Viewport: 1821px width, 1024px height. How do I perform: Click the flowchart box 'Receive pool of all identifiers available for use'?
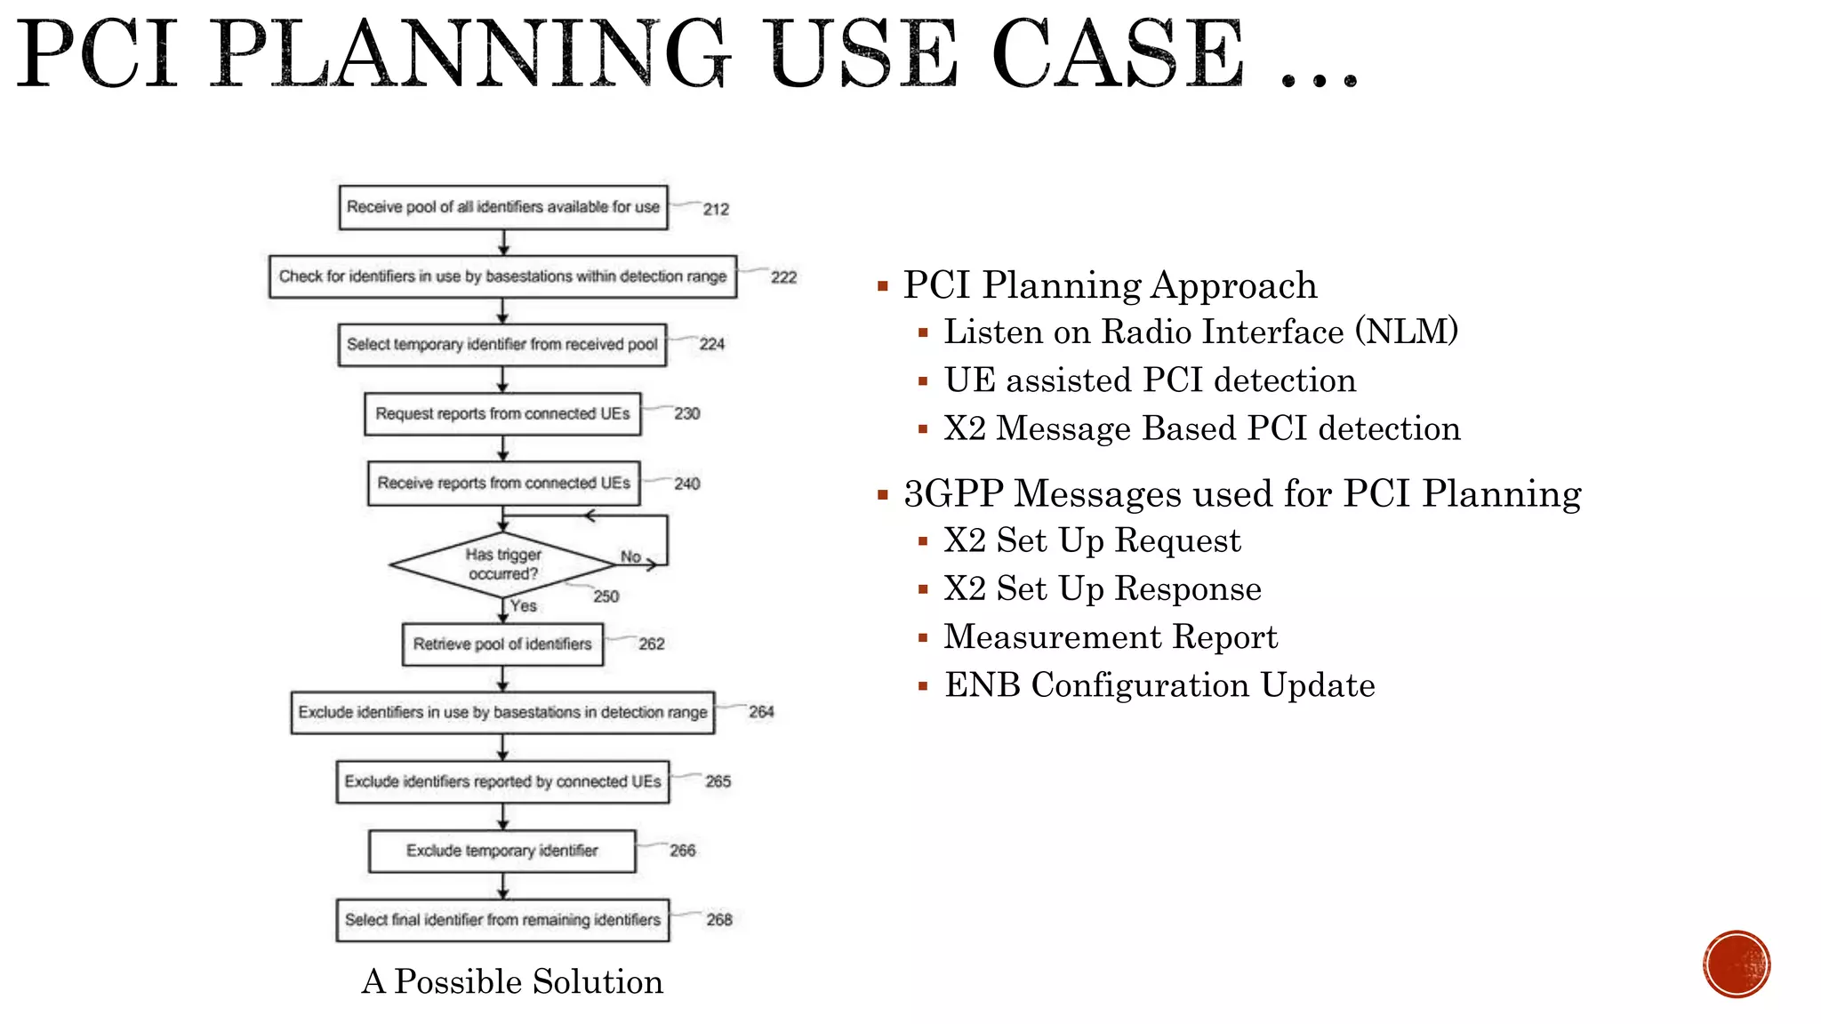pos(502,207)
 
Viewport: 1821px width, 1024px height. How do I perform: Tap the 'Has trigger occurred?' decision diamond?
pos(502,564)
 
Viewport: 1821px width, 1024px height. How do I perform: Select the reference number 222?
pos(783,277)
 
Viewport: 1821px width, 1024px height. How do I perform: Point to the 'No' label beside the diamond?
pos(630,556)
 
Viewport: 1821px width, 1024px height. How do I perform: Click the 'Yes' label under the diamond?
pos(524,605)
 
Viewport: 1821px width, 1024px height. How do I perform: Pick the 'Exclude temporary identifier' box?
pos(502,851)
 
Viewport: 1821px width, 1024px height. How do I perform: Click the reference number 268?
pos(719,920)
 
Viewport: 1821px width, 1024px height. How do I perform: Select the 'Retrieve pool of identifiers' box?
pos(502,644)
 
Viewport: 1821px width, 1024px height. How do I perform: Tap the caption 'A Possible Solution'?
pos(512,981)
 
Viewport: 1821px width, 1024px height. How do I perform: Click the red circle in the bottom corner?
pos(1737,964)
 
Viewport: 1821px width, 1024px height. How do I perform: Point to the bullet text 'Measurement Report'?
pos(1110,637)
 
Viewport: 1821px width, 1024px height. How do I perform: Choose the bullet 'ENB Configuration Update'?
pos(1159,685)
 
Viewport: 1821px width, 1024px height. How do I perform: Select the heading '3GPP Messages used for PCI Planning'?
pos(1242,494)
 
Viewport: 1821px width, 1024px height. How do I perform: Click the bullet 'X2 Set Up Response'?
pos(1102,589)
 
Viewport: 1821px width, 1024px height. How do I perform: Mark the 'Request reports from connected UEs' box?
pos(502,414)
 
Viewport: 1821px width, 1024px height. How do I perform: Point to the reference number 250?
pos(606,596)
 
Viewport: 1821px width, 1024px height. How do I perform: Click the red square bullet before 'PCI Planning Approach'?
pos(883,286)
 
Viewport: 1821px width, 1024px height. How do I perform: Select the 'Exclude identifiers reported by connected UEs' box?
pos(502,781)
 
